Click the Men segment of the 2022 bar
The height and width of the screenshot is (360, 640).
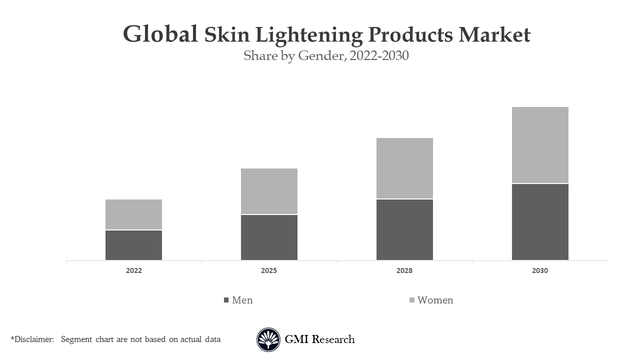click(133, 245)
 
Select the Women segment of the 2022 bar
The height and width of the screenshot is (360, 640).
click(133, 214)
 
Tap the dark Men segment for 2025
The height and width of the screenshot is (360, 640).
click(269, 237)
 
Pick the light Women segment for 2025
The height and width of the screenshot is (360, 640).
click(269, 191)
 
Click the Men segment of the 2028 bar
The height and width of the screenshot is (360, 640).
click(404, 229)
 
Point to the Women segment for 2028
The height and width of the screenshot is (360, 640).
click(404, 168)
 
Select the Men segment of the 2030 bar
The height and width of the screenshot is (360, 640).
click(540, 222)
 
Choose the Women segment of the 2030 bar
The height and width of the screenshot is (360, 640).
click(540, 145)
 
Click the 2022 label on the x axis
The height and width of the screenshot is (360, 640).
click(133, 270)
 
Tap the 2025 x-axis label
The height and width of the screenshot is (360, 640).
click(269, 270)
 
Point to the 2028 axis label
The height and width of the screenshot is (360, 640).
click(404, 270)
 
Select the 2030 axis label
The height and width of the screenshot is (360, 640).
click(540, 270)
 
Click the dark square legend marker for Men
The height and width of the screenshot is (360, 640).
click(226, 300)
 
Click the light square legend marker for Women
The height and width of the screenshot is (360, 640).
click(412, 300)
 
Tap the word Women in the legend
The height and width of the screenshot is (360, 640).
click(435, 300)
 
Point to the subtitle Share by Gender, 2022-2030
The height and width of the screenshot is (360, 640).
click(326, 55)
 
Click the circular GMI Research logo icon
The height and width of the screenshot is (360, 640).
click(268, 340)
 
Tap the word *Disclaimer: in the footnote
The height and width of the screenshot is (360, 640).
click(32, 339)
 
